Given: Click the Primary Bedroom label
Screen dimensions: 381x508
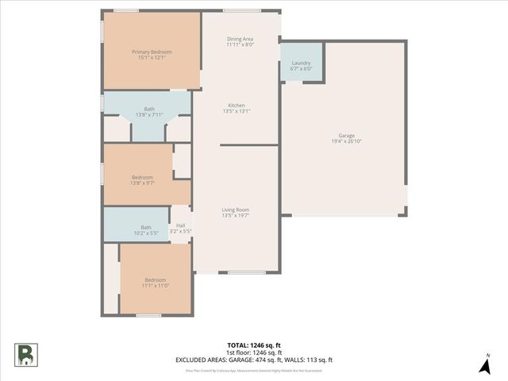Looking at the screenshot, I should click(x=152, y=52).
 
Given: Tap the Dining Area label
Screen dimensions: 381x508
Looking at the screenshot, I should click(x=240, y=39).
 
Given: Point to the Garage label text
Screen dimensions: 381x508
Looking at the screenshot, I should click(x=346, y=136).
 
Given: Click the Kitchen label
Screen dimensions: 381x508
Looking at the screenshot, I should click(x=237, y=106).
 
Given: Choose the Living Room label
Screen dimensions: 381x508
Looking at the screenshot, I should click(x=237, y=209).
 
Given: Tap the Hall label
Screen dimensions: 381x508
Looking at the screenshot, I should click(x=180, y=225).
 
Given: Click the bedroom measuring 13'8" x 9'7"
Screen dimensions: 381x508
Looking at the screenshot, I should click(x=142, y=179).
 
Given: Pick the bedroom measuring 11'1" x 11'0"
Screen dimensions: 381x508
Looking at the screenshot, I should click(x=155, y=282).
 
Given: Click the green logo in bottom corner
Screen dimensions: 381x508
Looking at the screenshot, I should click(x=25, y=354).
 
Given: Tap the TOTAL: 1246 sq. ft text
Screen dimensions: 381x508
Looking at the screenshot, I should click(x=253, y=345).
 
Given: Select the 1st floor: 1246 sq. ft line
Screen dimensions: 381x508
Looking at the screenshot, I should click(x=253, y=352).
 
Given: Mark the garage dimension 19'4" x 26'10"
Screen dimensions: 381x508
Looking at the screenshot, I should click(x=346, y=141).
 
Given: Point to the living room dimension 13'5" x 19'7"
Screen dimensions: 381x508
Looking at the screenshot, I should click(x=237, y=214).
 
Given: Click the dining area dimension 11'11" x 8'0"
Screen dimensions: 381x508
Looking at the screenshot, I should click(x=240, y=44).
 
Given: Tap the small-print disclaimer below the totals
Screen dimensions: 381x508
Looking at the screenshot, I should click(x=253, y=370).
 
